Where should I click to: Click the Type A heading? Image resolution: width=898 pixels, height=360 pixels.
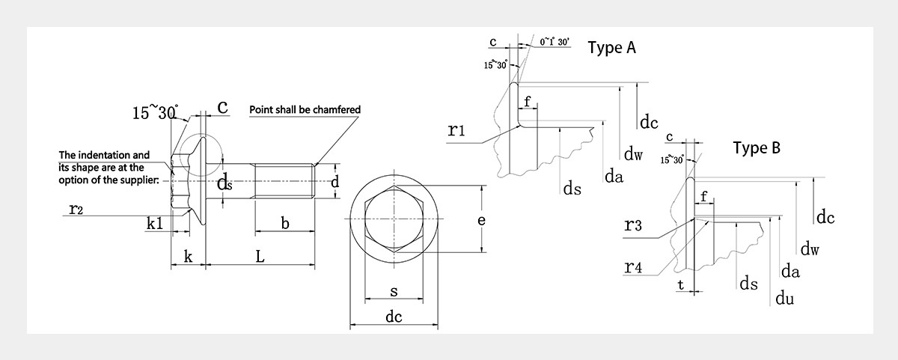click(x=612, y=49)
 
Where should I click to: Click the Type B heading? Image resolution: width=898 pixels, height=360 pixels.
click(x=757, y=148)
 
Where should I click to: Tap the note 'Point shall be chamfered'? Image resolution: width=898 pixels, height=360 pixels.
click(x=305, y=110)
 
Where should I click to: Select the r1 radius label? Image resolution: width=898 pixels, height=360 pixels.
click(x=457, y=131)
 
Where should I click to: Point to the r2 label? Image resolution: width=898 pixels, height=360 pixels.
click(x=76, y=210)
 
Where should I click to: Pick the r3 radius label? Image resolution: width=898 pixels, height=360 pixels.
click(x=632, y=226)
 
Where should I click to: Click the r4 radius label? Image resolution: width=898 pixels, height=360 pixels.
click(x=632, y=267)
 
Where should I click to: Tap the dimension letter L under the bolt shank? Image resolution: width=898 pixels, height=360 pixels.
click(x=260, y=257)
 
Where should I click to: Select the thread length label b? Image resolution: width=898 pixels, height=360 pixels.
click(x=285, y=223)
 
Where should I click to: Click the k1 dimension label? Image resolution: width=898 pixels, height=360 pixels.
click(x=155, y=223)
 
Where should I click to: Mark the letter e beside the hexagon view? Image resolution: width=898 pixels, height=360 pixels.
click(x=482, y=220)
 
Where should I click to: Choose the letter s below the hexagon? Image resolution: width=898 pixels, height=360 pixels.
click(x=394, y=291)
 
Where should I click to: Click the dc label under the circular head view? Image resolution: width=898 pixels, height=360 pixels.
click(x=394, y=317)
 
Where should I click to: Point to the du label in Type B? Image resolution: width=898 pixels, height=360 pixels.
click(x=784, y=299)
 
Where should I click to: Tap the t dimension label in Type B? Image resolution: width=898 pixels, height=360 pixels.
click(x=680, y=284)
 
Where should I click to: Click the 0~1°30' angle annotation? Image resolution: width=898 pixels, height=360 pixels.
click(x=555, y=43)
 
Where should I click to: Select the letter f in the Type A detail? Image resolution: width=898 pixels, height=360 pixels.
click(x=527, y=101)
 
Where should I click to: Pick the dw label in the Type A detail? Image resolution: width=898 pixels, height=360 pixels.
click(x=634, y=155)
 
